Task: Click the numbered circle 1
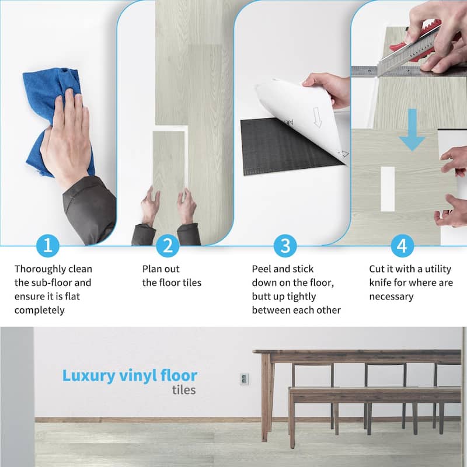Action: point(48,246)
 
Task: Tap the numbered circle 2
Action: point(168,246)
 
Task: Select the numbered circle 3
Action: point(285,246)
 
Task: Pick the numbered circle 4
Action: point(402,246)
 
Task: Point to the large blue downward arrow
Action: point(412,130)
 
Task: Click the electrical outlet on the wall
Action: point(244,379)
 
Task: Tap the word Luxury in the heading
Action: point(89,376)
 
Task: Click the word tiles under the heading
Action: point(184,390)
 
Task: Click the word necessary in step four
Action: point(391,297)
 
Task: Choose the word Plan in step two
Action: point(152,269)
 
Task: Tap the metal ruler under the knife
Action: point(408,71)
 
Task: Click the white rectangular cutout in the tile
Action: point(388,189)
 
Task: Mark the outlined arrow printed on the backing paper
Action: point(318,118)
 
